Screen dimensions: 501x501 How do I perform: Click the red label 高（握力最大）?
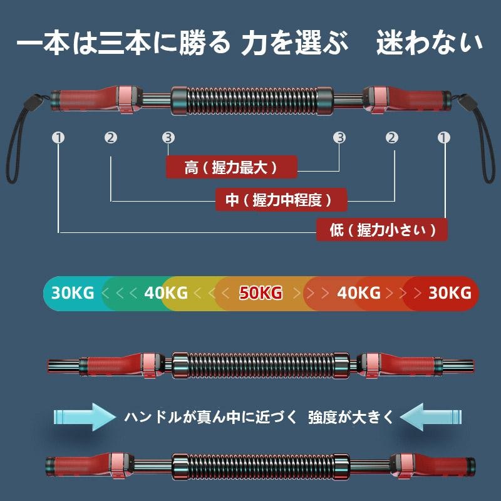(232, 167)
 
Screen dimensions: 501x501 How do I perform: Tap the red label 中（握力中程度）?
(281, 200)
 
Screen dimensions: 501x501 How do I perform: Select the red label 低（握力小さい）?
(382, 230)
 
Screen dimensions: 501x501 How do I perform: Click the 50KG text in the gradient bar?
(261, 292)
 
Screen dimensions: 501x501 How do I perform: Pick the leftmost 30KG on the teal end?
(73, 292)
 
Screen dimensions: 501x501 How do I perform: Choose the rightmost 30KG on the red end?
(450, 292)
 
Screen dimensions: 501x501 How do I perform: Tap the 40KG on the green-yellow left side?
(166, 292)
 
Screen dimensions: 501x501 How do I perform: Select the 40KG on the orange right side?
(358, 292)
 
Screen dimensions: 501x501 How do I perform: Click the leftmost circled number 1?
(58, 138)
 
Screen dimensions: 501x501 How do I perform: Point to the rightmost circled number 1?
(443, 138)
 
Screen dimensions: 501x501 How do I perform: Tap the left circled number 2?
(111, 138)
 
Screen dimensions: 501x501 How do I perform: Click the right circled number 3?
(339, 138)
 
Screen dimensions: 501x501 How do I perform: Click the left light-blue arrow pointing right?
(85, 417)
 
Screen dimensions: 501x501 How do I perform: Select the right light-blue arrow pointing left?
(431, 417)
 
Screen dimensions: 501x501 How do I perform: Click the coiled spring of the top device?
(252, 100)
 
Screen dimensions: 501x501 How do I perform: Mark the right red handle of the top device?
(408, 99)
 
